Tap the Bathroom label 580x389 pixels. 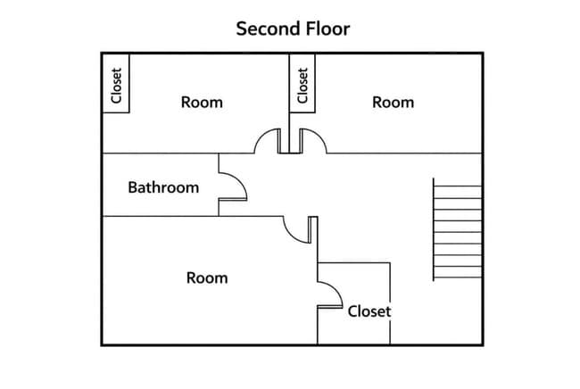[x=163, y=187]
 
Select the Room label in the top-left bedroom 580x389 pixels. [x=202, y=103]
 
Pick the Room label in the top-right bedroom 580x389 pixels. [x=394, y=103]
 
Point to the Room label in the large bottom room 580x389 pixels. [x=207, y=278]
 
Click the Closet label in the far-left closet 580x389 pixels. [x=116, y=86]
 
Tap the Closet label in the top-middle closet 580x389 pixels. [x=302, y=86]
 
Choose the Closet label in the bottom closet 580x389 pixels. [x=369, y=311]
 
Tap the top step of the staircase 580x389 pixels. [x=458, y=186]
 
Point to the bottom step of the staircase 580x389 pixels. [x=458, y=277]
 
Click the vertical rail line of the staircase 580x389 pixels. [x=434, y=229]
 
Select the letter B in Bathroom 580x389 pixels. [x=132, y=187]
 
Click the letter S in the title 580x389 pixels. [x=242, y=29]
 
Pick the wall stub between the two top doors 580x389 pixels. [x=291, y=140]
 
